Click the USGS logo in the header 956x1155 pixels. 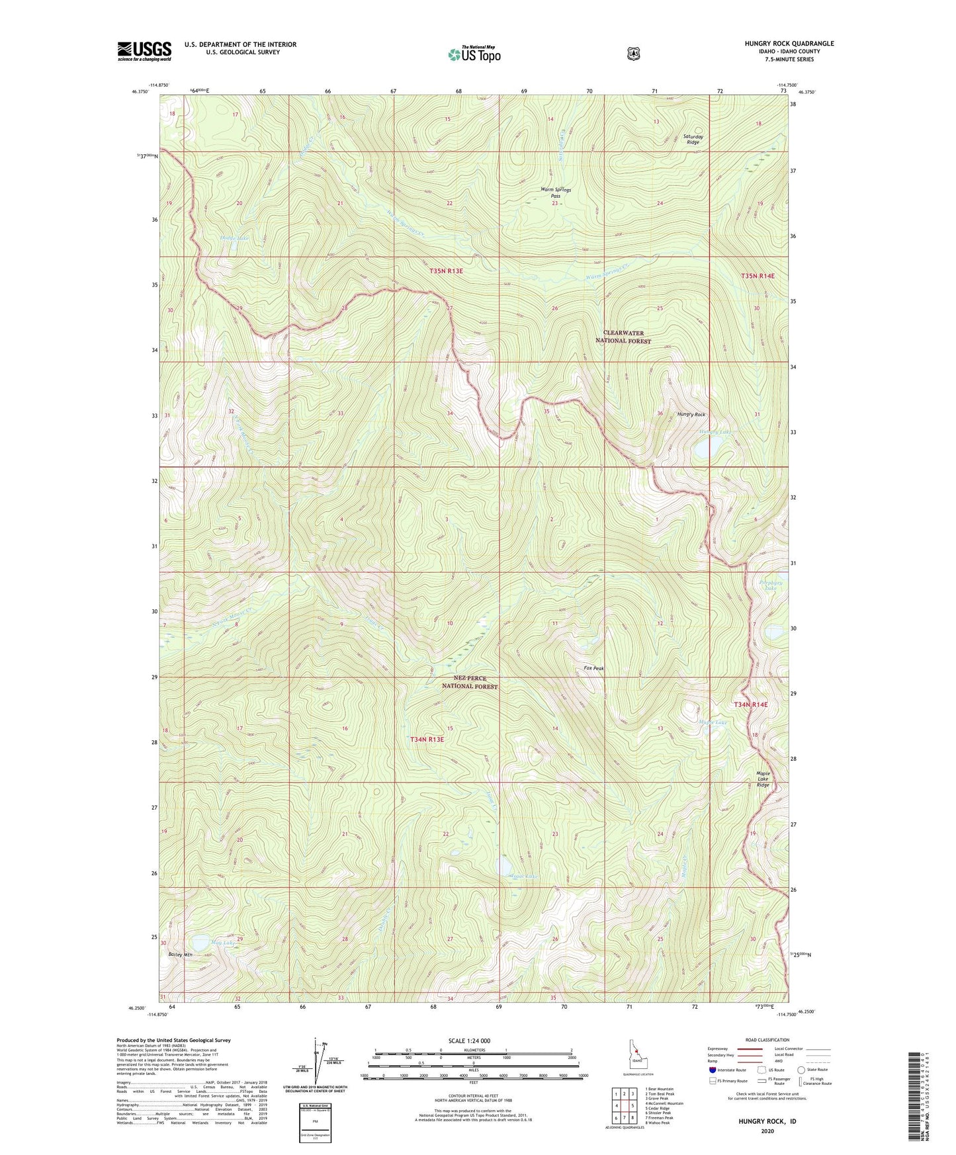[x=144, y=51]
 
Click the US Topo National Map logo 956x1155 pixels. [x=474, y=54]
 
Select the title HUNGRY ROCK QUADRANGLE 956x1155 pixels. [x=789, y=44]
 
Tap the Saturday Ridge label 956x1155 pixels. [x=693, y=139]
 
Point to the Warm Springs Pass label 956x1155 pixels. [x=555, y=192]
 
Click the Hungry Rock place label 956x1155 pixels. [x=691, y=414]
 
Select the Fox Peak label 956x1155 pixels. [x=593, y=668]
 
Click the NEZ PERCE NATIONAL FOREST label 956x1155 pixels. [x=470, y=682]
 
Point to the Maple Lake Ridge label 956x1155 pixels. [x=763, y=779]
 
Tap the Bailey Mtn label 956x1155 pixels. [x=180, y=955]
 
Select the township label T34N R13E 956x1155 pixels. [x=427, y=739]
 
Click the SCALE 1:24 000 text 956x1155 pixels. [x=469, y=1041]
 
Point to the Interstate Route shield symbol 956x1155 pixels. [x=712, y=1069]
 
